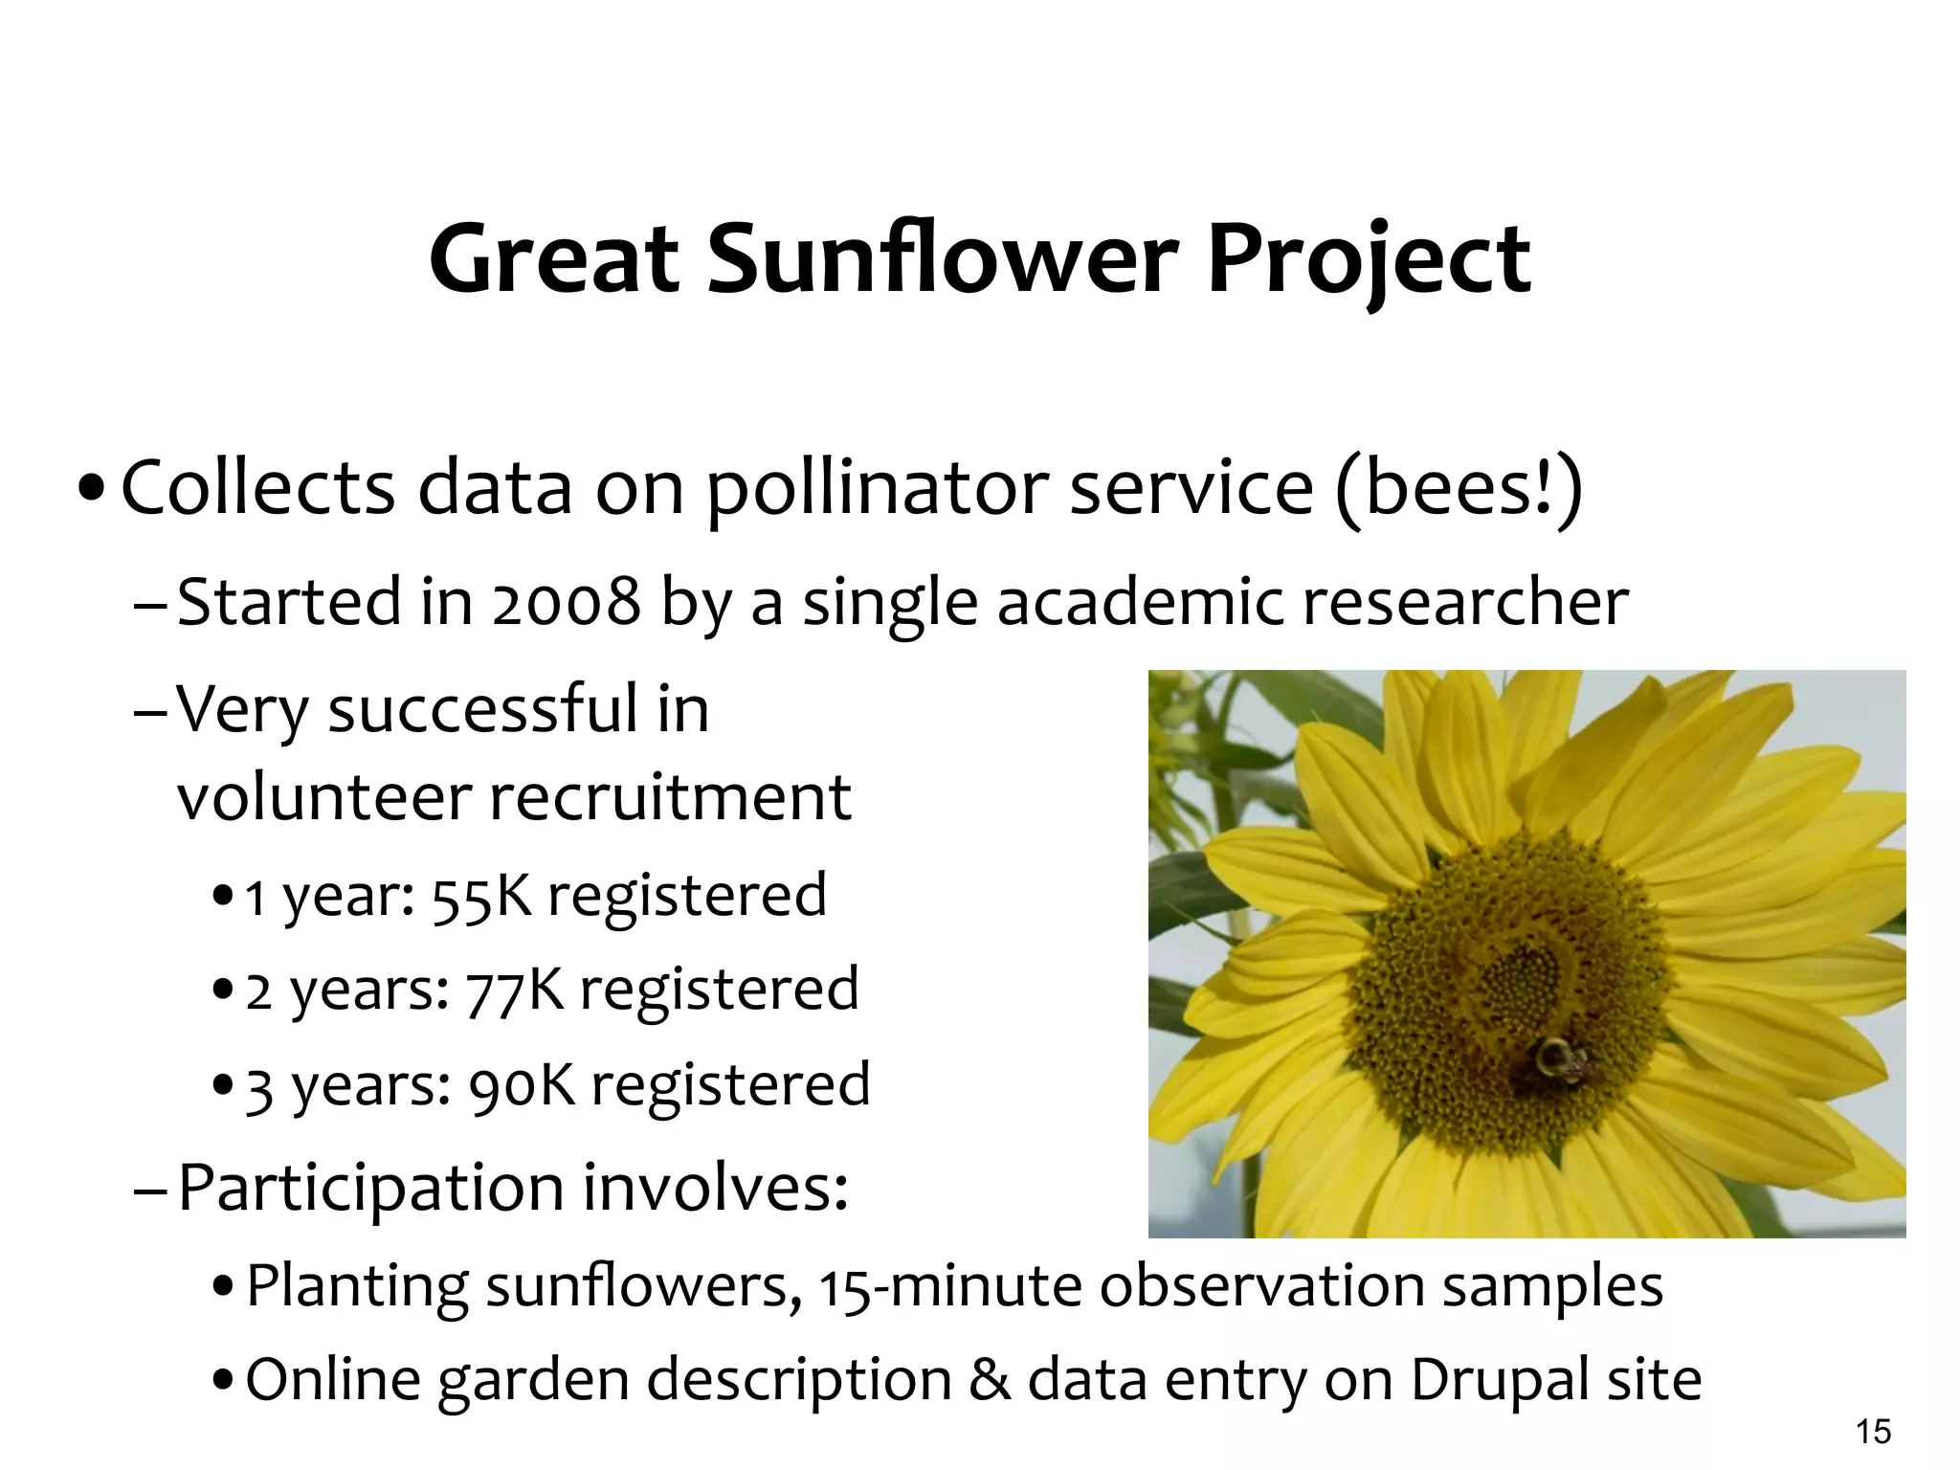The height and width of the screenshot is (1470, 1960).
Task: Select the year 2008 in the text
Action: tap(566, 603)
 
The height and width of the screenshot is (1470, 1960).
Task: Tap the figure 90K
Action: tap(521, 1085)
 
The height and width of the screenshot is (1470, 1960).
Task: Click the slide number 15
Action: tap(1873, 1432)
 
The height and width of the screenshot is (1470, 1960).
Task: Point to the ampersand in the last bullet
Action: tap(990, 1380)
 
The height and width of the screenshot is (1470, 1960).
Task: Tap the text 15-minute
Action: tap(948, 1286)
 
